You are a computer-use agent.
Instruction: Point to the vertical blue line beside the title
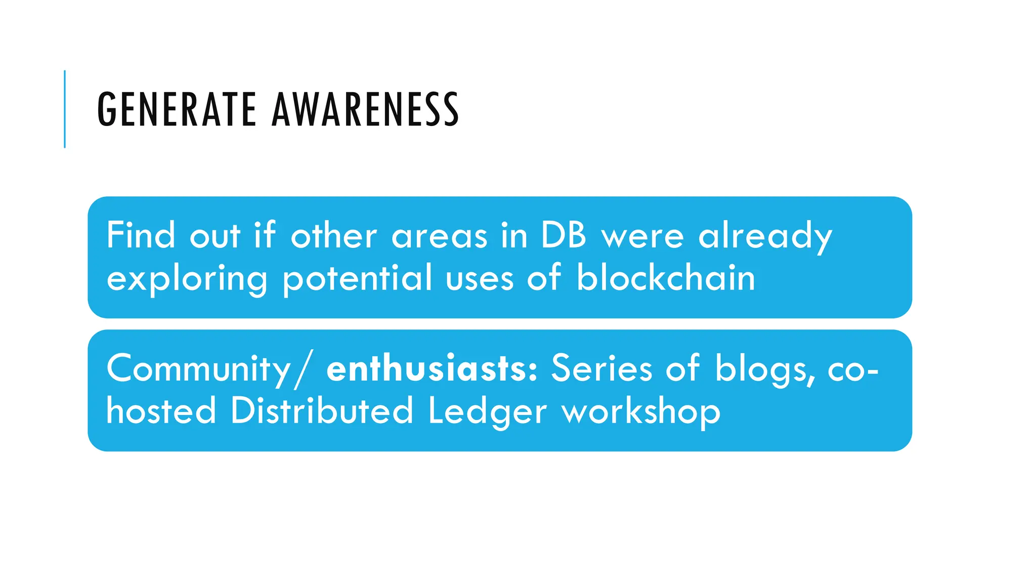(65, 109)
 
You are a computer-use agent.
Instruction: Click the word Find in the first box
(141, 235)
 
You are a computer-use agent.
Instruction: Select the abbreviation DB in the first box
(564, 235)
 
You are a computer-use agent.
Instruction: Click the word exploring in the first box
(187, 279)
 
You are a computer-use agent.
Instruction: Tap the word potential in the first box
(357, 278)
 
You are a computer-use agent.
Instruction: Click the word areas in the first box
(439, 236)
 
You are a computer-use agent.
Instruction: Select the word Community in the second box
(199, 369)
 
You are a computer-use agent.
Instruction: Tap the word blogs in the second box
(764, 369)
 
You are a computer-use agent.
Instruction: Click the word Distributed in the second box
(322, 410)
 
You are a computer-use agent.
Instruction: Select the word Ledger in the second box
(487, 411)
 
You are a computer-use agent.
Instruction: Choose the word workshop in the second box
(641, 411)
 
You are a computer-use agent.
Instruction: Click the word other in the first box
(333, 235)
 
